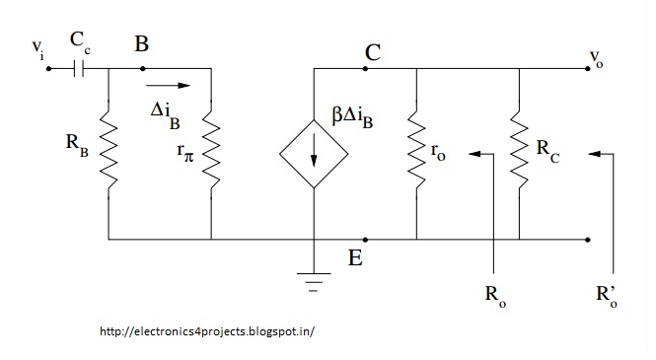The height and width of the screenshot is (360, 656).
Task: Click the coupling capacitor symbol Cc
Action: point(79,69)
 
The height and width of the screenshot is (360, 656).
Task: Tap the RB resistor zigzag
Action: point(109,149)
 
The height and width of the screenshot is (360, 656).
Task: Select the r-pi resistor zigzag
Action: point(211,149)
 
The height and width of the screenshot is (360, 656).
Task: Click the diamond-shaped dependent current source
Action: point(314,154)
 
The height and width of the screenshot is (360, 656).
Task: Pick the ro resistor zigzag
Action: point(416,149)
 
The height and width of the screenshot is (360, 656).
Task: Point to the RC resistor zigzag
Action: point(519,149)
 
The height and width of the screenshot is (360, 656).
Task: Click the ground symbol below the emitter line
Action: point(314,282)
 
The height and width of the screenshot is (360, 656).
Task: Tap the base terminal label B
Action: point(141,44)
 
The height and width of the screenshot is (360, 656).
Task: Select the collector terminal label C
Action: point(373,52)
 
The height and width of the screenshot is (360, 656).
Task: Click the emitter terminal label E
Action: point(355,257)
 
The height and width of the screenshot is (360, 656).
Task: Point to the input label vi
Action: point(38,49)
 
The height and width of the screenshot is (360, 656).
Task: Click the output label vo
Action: point(596,58)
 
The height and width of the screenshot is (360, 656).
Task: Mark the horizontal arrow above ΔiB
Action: point(168,85)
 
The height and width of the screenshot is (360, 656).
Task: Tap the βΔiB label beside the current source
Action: point(352,116)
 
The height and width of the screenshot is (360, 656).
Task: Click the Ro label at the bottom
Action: point(495,296)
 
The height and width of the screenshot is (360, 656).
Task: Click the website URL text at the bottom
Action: point(207,331)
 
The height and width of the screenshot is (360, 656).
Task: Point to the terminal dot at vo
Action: point(588,69)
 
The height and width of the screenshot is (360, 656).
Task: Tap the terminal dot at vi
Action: point(48,69)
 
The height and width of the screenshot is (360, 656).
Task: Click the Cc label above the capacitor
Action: point(80,42)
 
